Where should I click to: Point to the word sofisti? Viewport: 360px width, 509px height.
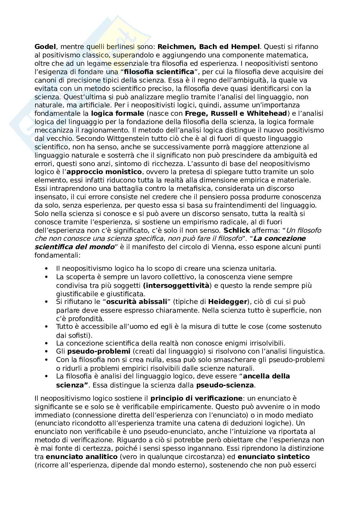(x=77, y=335)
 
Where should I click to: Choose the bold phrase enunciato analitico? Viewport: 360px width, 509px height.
(x=82, y=457)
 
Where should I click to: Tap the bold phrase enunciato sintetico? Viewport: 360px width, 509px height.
(x=274, y=457)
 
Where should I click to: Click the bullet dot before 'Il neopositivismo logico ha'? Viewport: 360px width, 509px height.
(x=48, y=269)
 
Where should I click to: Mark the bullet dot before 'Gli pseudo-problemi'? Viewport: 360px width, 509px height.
(x=48, y=351)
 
